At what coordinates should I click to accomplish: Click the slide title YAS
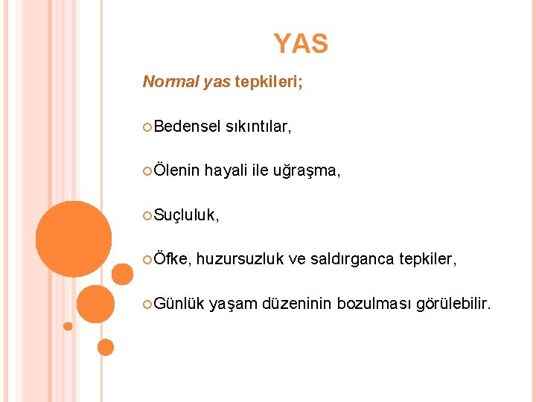pyautogui.click(x=300, y=44)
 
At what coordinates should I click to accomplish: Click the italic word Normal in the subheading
pyautogui.click(x=170, y=81)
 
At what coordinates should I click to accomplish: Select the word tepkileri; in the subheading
pyautogui.click(x=269, y=81)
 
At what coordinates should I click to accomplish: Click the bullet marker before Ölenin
pyautogui.click(x=147, y=171)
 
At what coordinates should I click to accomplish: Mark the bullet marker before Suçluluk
pyautogui.click(x=147, y=215)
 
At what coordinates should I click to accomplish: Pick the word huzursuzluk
pyautogui.click(x=240, y=259)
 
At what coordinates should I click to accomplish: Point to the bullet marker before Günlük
pyautogui.click(x=147, y=303)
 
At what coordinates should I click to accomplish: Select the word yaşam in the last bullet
pyautogui.click(x=232, y=304)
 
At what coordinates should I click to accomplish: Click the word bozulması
pyautogui.click(x=374, y=303)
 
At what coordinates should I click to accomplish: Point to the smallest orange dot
pyautogui.click(x=68, y=326)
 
